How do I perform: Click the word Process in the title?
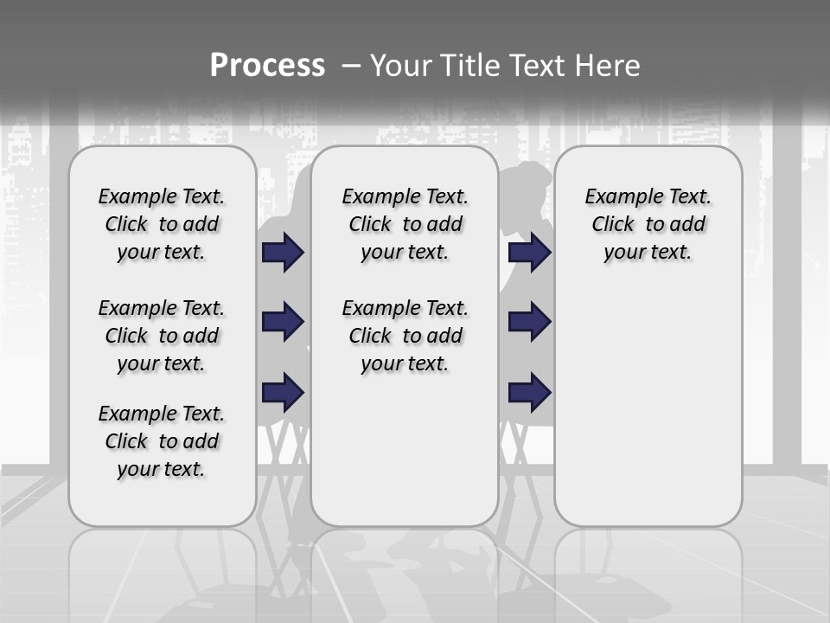point(267,66)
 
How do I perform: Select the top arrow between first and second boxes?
point(283,253)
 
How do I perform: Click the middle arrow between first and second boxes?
point(283,322)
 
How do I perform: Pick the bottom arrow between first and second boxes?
point(283,392)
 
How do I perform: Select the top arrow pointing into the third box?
point(529,253)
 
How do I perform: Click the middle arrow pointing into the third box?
point(529,322)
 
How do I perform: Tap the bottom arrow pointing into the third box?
point(529,392)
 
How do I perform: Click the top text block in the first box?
point(162,224)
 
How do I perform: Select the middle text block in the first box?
point(162,336)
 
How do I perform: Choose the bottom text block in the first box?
point(162,441)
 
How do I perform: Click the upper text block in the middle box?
point(405,224)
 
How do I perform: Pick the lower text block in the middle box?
point(405,336)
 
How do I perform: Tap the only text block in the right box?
point(648,224)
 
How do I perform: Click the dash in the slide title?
point(351,66)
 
